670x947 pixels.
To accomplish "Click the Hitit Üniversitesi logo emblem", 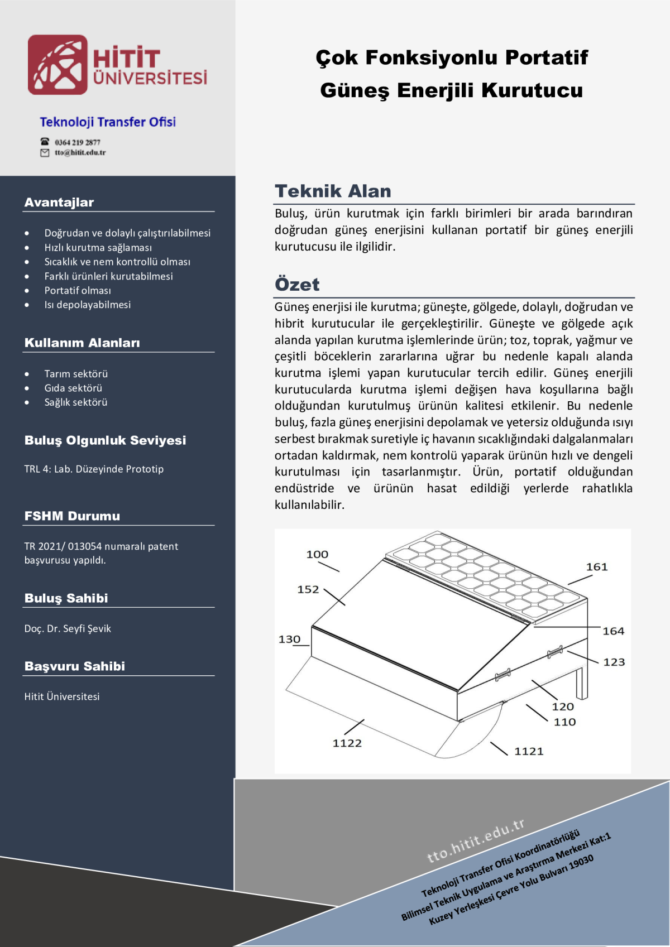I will click(x=58, y=65).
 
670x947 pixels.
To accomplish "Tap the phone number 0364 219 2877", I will click(x=77, y=142).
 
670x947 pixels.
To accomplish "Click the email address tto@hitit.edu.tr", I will click(x=80, y=153).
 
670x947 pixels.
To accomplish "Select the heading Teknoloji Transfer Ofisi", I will click(x=108, y=122).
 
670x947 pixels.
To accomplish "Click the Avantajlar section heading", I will click(x=59, y=203).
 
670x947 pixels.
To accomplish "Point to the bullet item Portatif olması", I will click(x=78, y=291).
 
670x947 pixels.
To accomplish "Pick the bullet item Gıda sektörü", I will click(x=73, y=388).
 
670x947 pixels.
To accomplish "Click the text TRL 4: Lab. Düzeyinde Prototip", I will click(x=94, y=469).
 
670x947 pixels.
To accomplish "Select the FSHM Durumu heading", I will click(x=72, y=516).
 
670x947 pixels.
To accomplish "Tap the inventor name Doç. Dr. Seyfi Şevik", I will click(x=68, y=629).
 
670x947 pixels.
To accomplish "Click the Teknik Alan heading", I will click(x=333, y=191).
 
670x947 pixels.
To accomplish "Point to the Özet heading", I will click(x=297, y=285).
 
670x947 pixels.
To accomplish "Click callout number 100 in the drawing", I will click(x=317, y=555).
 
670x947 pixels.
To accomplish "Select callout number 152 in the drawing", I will click(x=308, y=589).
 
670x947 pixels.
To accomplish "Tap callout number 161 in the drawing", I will click(x=596, y=567).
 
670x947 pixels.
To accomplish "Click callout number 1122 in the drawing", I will click(x=347, y=743).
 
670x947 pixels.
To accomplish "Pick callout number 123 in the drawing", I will click(x=614, y=662).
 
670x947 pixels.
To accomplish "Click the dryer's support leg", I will click(x=581, y=682).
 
